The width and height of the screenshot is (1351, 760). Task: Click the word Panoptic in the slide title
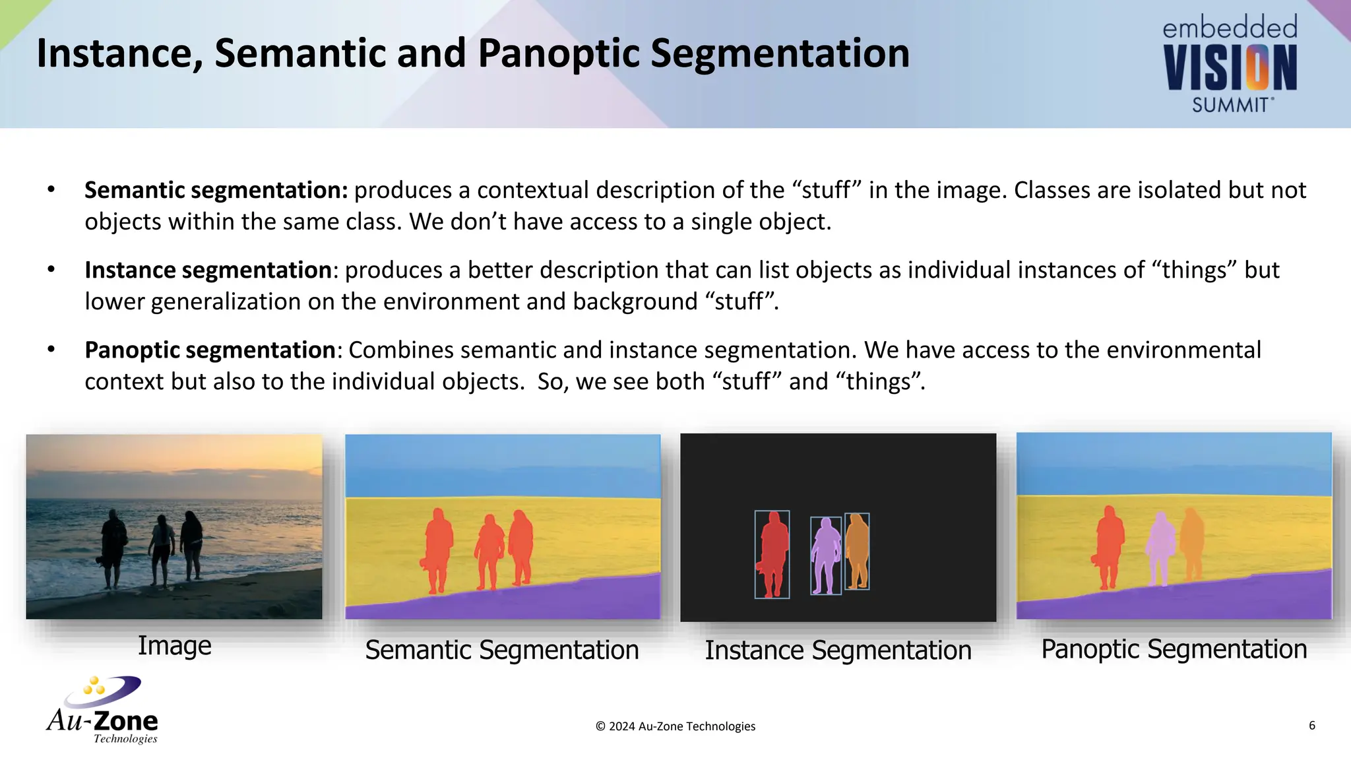pyautogui.click(x=558, y=54)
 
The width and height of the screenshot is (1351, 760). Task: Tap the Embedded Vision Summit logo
pyautogui.click(x=1230, y=65)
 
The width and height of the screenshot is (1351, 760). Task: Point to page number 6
pyautogui.click(x=1311, y=725)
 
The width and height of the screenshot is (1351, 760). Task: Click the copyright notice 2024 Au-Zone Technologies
pyautogui.click(x=675, y=726)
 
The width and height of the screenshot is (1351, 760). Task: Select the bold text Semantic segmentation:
pyautogui.click(x=216, y=190)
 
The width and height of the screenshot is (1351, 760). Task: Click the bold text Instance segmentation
pyautogui.click(x=208, y=270)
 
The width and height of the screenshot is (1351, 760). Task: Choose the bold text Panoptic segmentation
pyautogui.click(x=210, y=350)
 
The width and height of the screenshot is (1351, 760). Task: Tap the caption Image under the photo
pyautogui.click(x=174, y=645)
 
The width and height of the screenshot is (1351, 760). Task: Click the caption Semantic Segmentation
pyautogui.click(x=502, y=650)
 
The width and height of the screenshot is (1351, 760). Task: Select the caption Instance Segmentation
pyautogui.click(x=838, y=650)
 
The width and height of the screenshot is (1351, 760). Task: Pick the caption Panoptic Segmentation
pyautogui.click(x=1174, y=649)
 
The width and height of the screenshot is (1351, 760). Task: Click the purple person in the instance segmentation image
pyautogui.click(x=825, y=554)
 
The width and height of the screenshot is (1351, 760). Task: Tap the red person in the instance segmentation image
pyautogui.click(x=772, y=553)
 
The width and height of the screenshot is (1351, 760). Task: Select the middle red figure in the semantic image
pyautogui.click(x=489, y=551)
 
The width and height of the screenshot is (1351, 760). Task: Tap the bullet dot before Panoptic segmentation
pyautogui.click(x=51, y=350)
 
